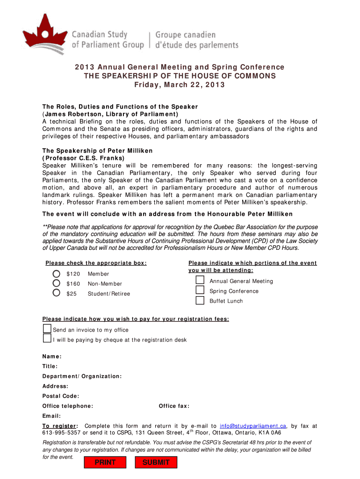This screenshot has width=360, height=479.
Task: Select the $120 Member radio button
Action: (x=57, y=274)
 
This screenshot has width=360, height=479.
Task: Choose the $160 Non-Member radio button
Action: (x=57, y=283)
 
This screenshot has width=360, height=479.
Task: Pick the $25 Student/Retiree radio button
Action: (x=57, y=293)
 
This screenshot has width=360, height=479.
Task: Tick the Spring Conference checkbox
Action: (x=200, y=290)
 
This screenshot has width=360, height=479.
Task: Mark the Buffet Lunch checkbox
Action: (x=200, y=300)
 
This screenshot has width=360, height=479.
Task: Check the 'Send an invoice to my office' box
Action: (x=47, y=329)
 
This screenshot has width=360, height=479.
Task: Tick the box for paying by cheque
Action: (x=47, y=339)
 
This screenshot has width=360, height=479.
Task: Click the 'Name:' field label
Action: (x=52, y=356)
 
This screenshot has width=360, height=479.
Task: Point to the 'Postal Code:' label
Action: (x=61, y=396)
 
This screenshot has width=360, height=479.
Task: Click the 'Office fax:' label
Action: (x=174, y=406)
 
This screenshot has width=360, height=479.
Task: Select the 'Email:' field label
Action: (x=52, y=416)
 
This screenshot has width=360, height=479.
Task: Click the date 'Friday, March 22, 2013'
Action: (x=180, y=85)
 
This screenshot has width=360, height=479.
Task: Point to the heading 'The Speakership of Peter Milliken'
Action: (x=98, y=151)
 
